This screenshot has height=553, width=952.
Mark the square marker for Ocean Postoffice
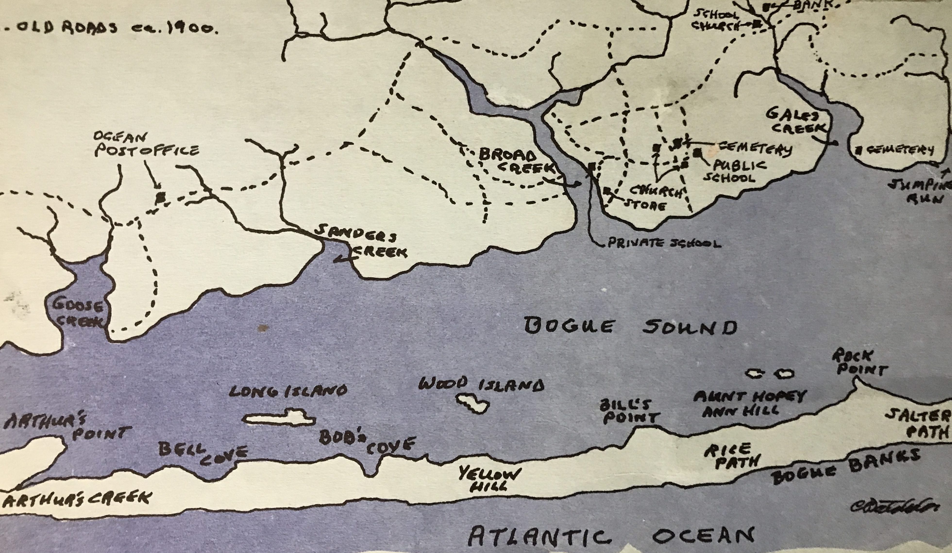point(161,196)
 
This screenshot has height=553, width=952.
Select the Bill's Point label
point(629,412)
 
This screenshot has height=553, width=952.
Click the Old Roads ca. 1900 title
point(110,30)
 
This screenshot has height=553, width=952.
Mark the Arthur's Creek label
point(76,499)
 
